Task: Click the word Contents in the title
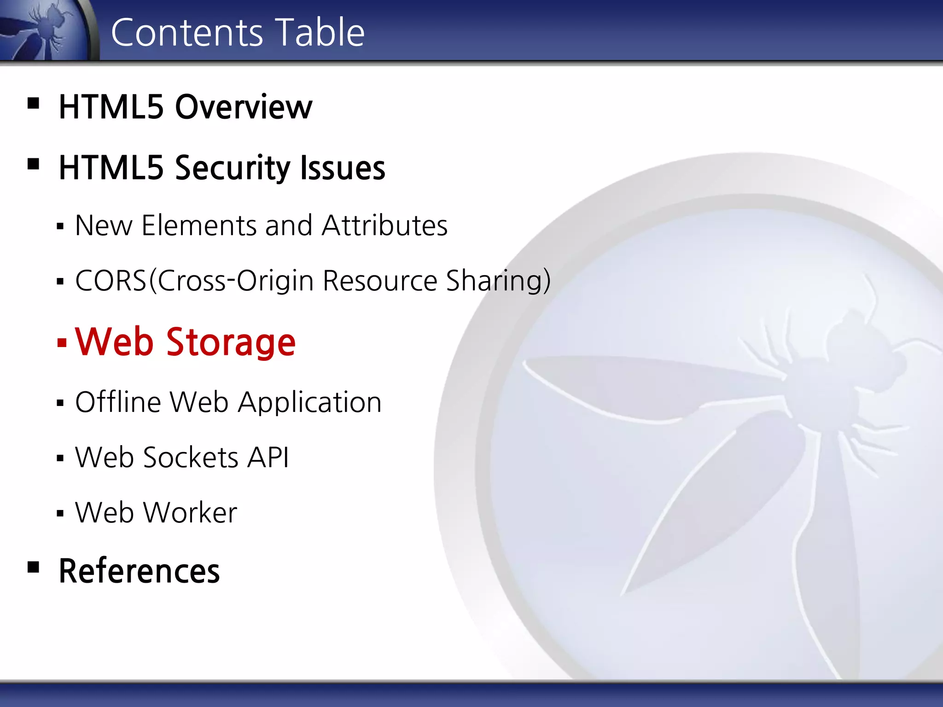click(x=186, y=32)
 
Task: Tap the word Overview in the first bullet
click(x=244, y=107)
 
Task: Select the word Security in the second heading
click(x=233, y=168)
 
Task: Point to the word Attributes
click(x=384, y=226)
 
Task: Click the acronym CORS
click(x=111, y=281)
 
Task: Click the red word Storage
click(x=231, y=342)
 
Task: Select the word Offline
click(x=118, y=402)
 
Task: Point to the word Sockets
click(x=191, y=458)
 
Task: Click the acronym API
click(x=268, y=458)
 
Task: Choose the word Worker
click(x=191, y=513)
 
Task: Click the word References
click(x=139, y=571)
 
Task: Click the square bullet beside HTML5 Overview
click(x=33, y=103)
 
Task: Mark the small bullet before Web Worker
click(x=60, y=513)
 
